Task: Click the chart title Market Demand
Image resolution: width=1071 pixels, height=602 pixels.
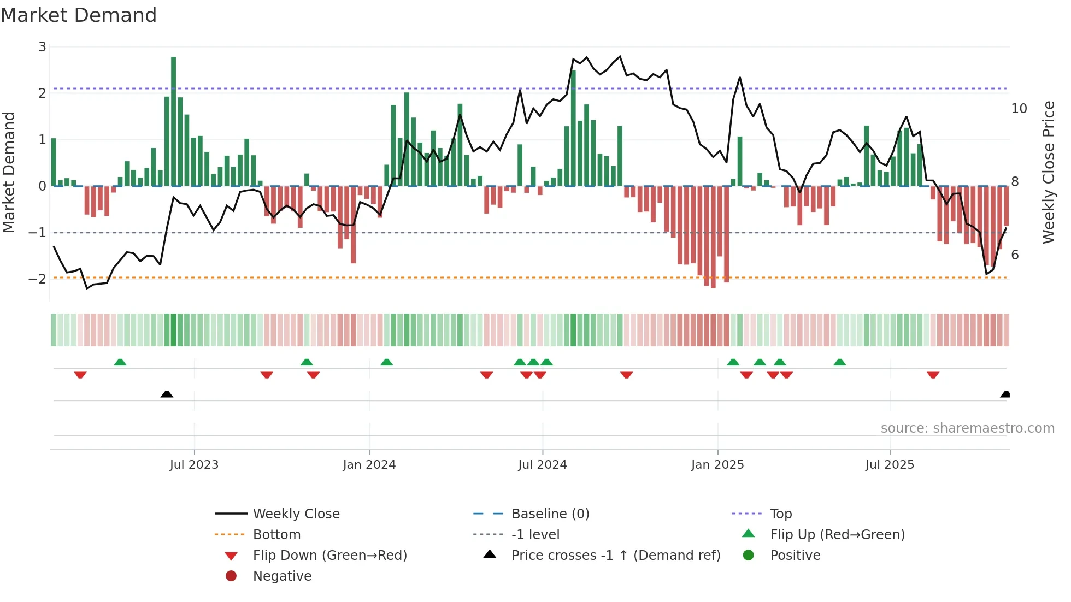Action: point(79,15)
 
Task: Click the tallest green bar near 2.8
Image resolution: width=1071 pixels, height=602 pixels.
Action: point(173,120)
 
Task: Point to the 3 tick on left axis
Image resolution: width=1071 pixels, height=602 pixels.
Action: point(42,47)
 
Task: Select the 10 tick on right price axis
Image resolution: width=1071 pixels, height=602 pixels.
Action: point(1019,109)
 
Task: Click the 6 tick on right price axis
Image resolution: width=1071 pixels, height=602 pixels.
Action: point(1015,255)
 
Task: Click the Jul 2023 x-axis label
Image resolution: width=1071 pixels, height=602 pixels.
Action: point(194,465)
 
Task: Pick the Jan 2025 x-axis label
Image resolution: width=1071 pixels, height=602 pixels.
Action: point(717,465)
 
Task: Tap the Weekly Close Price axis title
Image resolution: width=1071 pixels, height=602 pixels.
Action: point(1048,172)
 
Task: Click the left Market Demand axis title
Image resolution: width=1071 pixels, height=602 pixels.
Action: point(9,172)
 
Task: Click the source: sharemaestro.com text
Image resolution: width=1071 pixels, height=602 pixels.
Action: point(967,428)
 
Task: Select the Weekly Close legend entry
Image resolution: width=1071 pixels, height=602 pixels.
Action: point(296,514)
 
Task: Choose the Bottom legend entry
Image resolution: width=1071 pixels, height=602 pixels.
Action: point(276,535)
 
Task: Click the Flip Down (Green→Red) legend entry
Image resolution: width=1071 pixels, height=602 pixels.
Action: point(329,556)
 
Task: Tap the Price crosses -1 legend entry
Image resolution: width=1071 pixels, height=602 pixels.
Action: point(615,556)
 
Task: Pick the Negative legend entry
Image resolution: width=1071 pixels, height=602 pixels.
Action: point(282,576)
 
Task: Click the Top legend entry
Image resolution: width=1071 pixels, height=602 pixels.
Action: point(781,514)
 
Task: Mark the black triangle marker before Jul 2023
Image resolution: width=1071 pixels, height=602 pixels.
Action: point(167,394)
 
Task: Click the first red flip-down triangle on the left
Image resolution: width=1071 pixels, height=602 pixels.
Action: point(80,375)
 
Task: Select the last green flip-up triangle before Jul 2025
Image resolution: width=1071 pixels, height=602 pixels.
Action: point(840,362)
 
